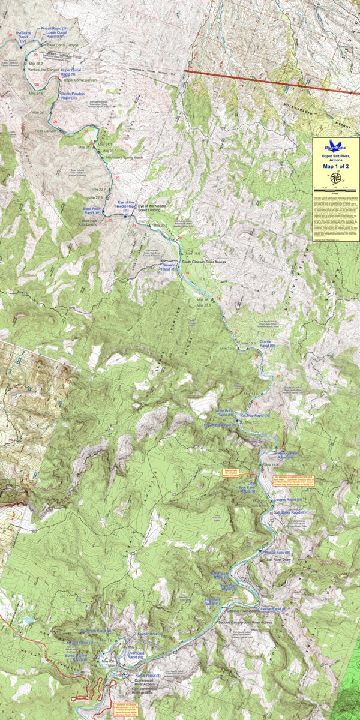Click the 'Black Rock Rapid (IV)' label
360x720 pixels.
click(92, 211)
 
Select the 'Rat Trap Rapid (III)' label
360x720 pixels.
click(255, 415)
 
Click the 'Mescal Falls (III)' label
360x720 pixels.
click(277, 552)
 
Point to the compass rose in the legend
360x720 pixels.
click(335, 178)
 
